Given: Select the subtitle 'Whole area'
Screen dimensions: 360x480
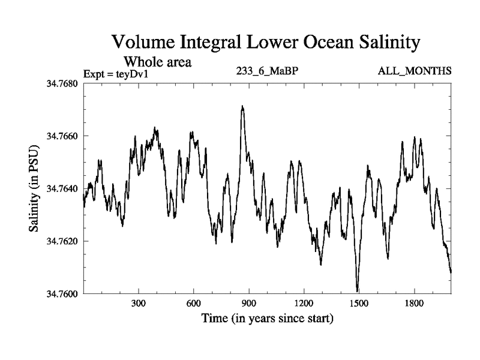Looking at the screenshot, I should click(x=157, y=61).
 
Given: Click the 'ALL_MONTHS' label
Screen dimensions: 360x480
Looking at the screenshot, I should click(x=415, y=71).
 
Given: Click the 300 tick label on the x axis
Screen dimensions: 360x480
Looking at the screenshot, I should click(x=139, y=304).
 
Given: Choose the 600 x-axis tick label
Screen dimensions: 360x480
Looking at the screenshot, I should click(x=194, y=304).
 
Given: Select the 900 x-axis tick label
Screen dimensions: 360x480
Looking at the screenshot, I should click(x=248, y=304).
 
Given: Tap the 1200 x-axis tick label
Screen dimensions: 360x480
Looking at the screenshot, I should click(x=304, y=304).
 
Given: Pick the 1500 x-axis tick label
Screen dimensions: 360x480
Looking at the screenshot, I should click(x=359, y=304).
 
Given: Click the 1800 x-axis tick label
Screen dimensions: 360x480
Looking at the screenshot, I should click(x=414, y=304).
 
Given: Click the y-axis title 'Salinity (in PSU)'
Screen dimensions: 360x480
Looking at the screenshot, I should click(x=34, y=188).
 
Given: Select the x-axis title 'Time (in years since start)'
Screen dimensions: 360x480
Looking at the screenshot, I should click(x=267, y=318).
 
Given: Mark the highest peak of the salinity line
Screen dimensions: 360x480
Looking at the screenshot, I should click(x=242, y=106).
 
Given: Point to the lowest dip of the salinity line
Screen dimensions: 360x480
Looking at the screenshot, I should click(x=358, y=292).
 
